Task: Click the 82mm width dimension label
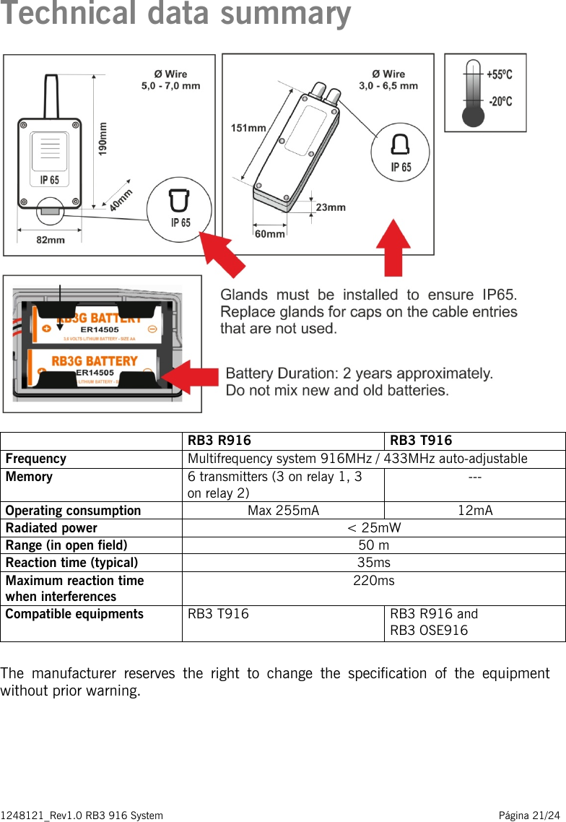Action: point(50,240)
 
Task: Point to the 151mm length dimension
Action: point(248,128)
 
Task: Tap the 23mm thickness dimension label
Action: point(331,207)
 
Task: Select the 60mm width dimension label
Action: point(269,234)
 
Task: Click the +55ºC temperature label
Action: point(499,74)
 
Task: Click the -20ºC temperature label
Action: point(500,101)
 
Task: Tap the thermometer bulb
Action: point(473,116)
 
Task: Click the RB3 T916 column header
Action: point(421,441)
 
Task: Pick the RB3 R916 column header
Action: point(219,441)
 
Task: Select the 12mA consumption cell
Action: point(475,511)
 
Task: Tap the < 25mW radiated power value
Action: point(373,528)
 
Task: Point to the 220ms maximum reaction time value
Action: point(373,581)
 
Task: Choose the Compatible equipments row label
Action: point(74,615)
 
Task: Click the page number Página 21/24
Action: point(528,815)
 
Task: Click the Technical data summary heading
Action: point(176,14)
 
